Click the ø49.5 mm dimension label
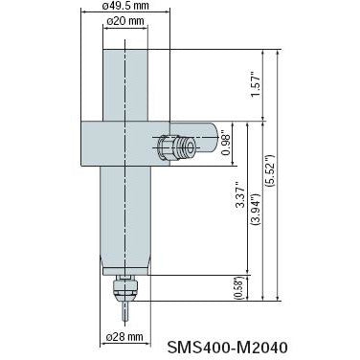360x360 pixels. (125, 5)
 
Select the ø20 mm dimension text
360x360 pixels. (125, 21)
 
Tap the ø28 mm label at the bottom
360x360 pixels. (124, 336)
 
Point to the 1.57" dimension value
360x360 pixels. (256, 85)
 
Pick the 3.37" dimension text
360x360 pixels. (240, 195)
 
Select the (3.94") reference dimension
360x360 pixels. (257, 210)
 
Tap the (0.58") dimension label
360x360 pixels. (239, 287)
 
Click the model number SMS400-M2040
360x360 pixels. (227, 348)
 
